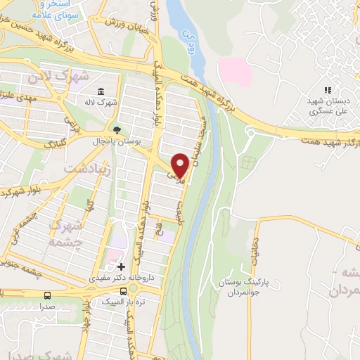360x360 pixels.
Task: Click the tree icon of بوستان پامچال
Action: [x=117, y=130]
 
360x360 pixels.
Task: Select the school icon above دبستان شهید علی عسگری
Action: [x=327, y=89]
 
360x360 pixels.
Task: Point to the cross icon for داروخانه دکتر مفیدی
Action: [x=122, y=267]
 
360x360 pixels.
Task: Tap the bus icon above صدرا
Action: [x=47, y=295]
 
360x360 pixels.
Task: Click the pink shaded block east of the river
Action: [x=233, y=72]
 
